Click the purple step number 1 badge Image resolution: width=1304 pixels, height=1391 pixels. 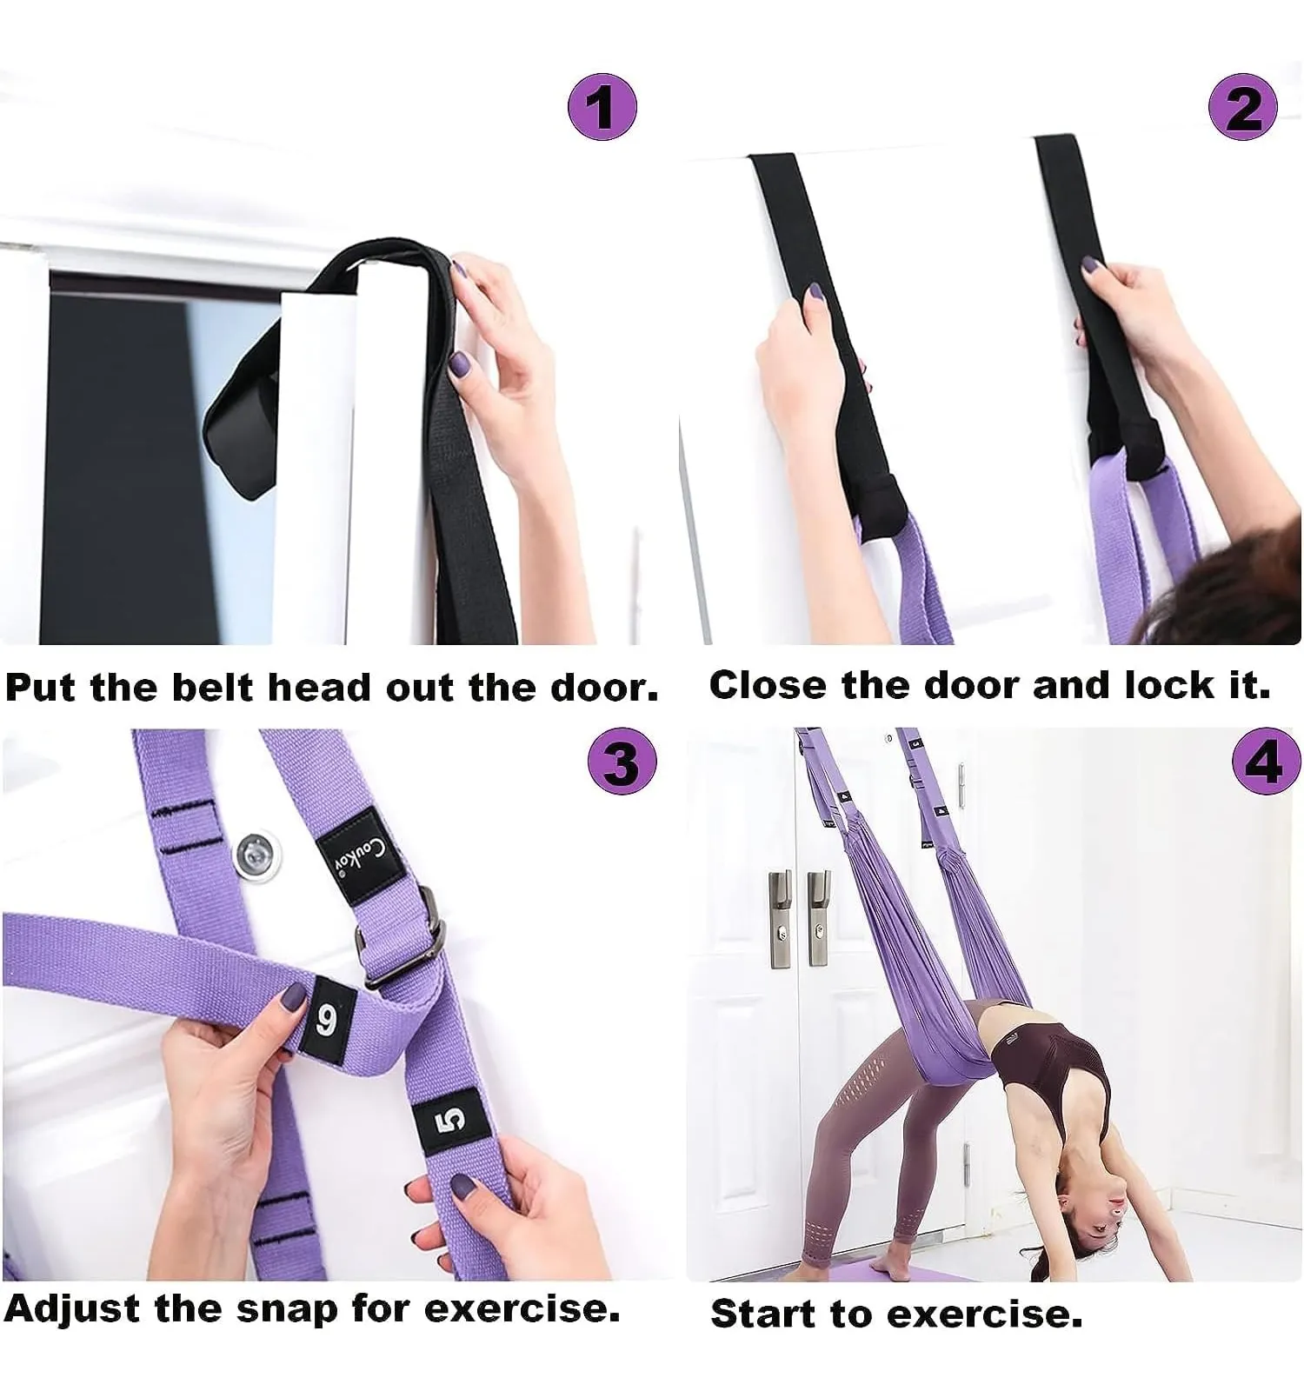click(x=602, y=106)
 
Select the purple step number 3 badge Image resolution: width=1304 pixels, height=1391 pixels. click(x=622, y=762)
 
